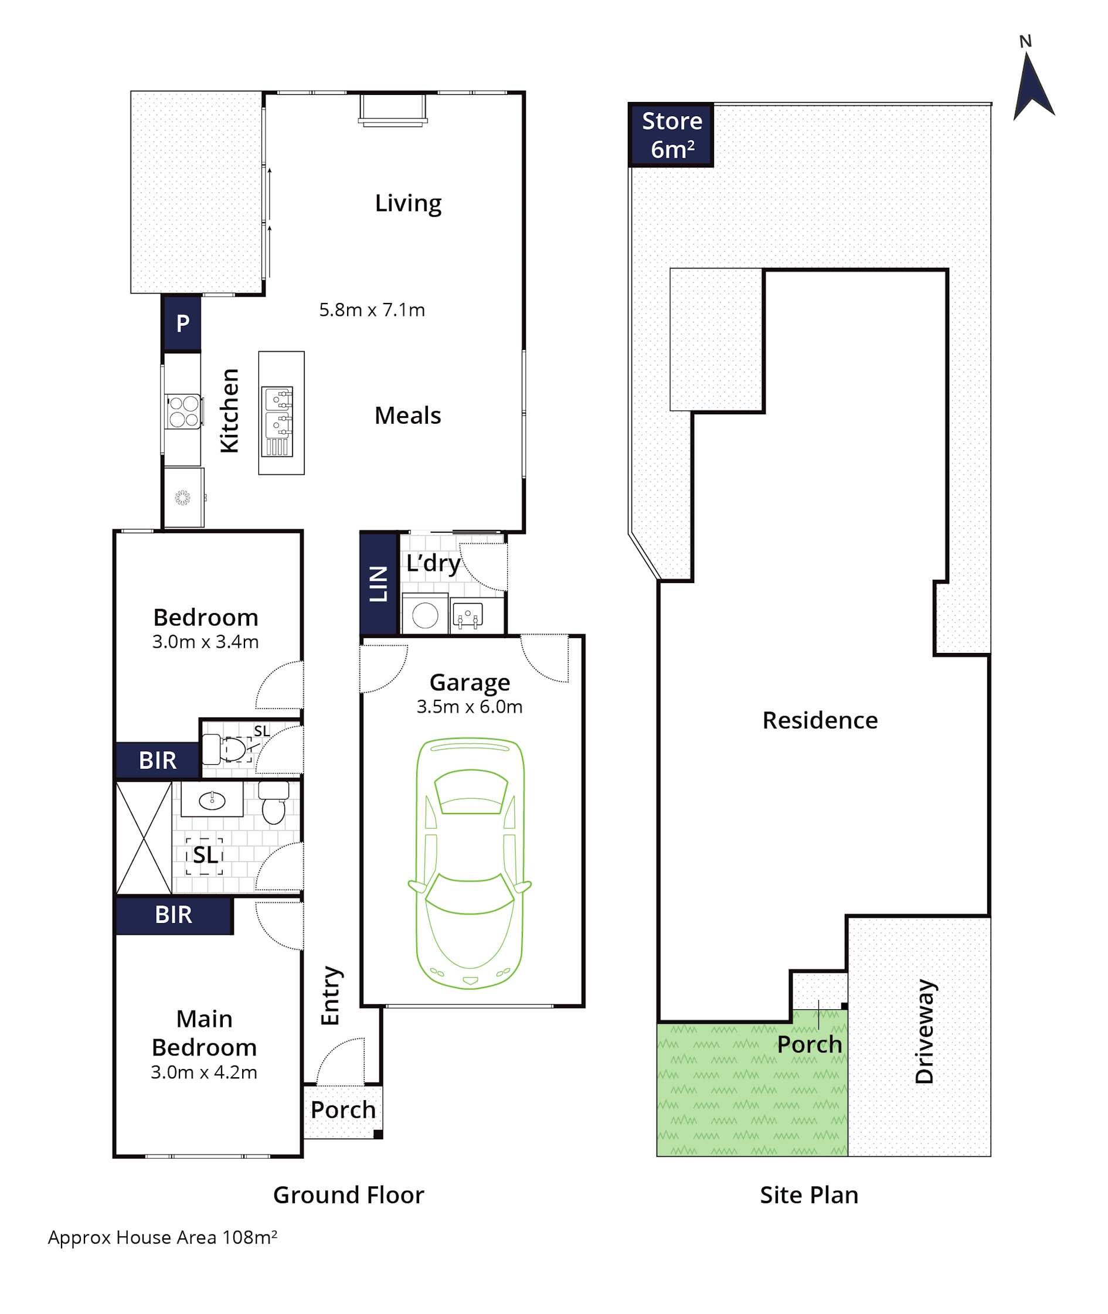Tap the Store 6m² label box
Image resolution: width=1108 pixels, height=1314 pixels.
(671, 135)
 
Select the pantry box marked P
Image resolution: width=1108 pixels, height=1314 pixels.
(182, 324)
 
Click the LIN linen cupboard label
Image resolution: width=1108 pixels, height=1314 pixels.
(379, 583)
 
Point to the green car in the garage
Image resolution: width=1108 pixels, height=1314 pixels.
(470, 863)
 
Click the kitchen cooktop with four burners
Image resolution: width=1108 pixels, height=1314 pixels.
(183, 412)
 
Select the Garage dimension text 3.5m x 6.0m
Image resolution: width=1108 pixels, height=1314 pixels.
(469, 707)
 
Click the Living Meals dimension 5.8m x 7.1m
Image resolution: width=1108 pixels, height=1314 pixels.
(372, 310)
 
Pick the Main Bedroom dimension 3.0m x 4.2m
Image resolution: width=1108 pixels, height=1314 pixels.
(204, 1073)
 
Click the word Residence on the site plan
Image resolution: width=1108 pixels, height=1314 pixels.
(820, 721)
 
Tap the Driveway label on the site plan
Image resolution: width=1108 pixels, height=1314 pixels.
(925, 1032)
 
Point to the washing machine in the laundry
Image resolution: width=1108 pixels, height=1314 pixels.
(425, 615)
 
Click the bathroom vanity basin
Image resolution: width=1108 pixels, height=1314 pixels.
(212, 800)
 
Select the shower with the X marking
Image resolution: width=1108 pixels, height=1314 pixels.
(144, 838)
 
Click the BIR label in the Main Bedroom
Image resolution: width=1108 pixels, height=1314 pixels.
(174, 915)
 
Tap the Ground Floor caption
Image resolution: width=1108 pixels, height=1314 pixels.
(349, 1196)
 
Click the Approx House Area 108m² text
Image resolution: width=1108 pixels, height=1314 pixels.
(163, 1237)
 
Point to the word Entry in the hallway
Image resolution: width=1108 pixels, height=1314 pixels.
(331, 996)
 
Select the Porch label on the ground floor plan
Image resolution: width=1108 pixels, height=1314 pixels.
(343, 1110)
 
